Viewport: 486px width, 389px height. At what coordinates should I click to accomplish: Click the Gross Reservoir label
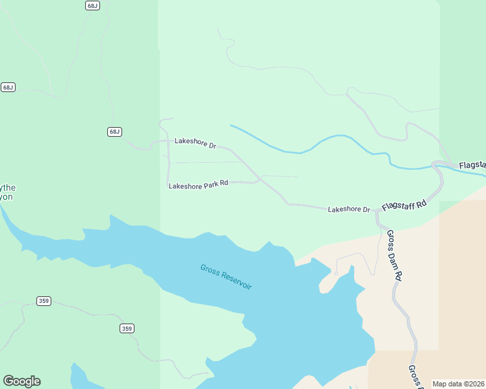coord(225,277)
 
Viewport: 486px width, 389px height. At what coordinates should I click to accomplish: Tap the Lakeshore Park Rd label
coord(198,184)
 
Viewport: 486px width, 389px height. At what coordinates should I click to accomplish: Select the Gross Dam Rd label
coord(395,255)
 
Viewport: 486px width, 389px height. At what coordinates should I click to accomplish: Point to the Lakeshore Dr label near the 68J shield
coord(195,143)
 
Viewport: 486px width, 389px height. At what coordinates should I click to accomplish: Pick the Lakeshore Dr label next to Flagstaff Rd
coord(349,209)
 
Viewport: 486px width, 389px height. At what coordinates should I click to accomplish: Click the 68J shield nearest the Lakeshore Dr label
coord(114,132)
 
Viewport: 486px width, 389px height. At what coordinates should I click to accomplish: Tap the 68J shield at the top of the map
coord(92,5)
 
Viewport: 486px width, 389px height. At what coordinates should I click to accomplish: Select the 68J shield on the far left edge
coord(8,87)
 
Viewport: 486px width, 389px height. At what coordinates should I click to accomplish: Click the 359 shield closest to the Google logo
coord(44,301)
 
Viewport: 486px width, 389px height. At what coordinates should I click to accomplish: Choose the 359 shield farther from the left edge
coord(127,329)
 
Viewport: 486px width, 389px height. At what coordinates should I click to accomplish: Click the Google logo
coord(21,381)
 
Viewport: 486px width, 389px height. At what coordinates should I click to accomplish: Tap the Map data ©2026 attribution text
coord(458,384)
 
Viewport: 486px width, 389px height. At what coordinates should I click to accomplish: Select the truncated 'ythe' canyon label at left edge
coord(6,192)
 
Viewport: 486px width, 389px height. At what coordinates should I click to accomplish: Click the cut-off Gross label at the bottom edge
coord(414,377)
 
